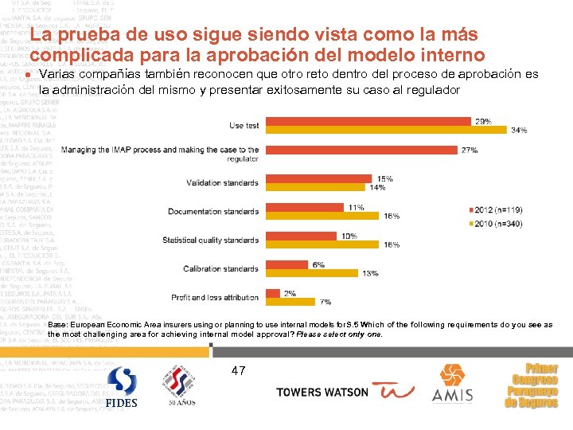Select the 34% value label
click(x=520, y=130)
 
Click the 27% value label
click(x=491, y=150)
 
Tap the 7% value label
click(x=325, y=302)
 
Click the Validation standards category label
click(x=222, y=183)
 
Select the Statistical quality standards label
click(x=210, y=240)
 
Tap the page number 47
click(x=240, y=370)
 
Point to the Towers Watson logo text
click(x=322, y=392)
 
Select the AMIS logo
click(x=452, y=384)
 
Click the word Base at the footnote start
click(x=58, y=326)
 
